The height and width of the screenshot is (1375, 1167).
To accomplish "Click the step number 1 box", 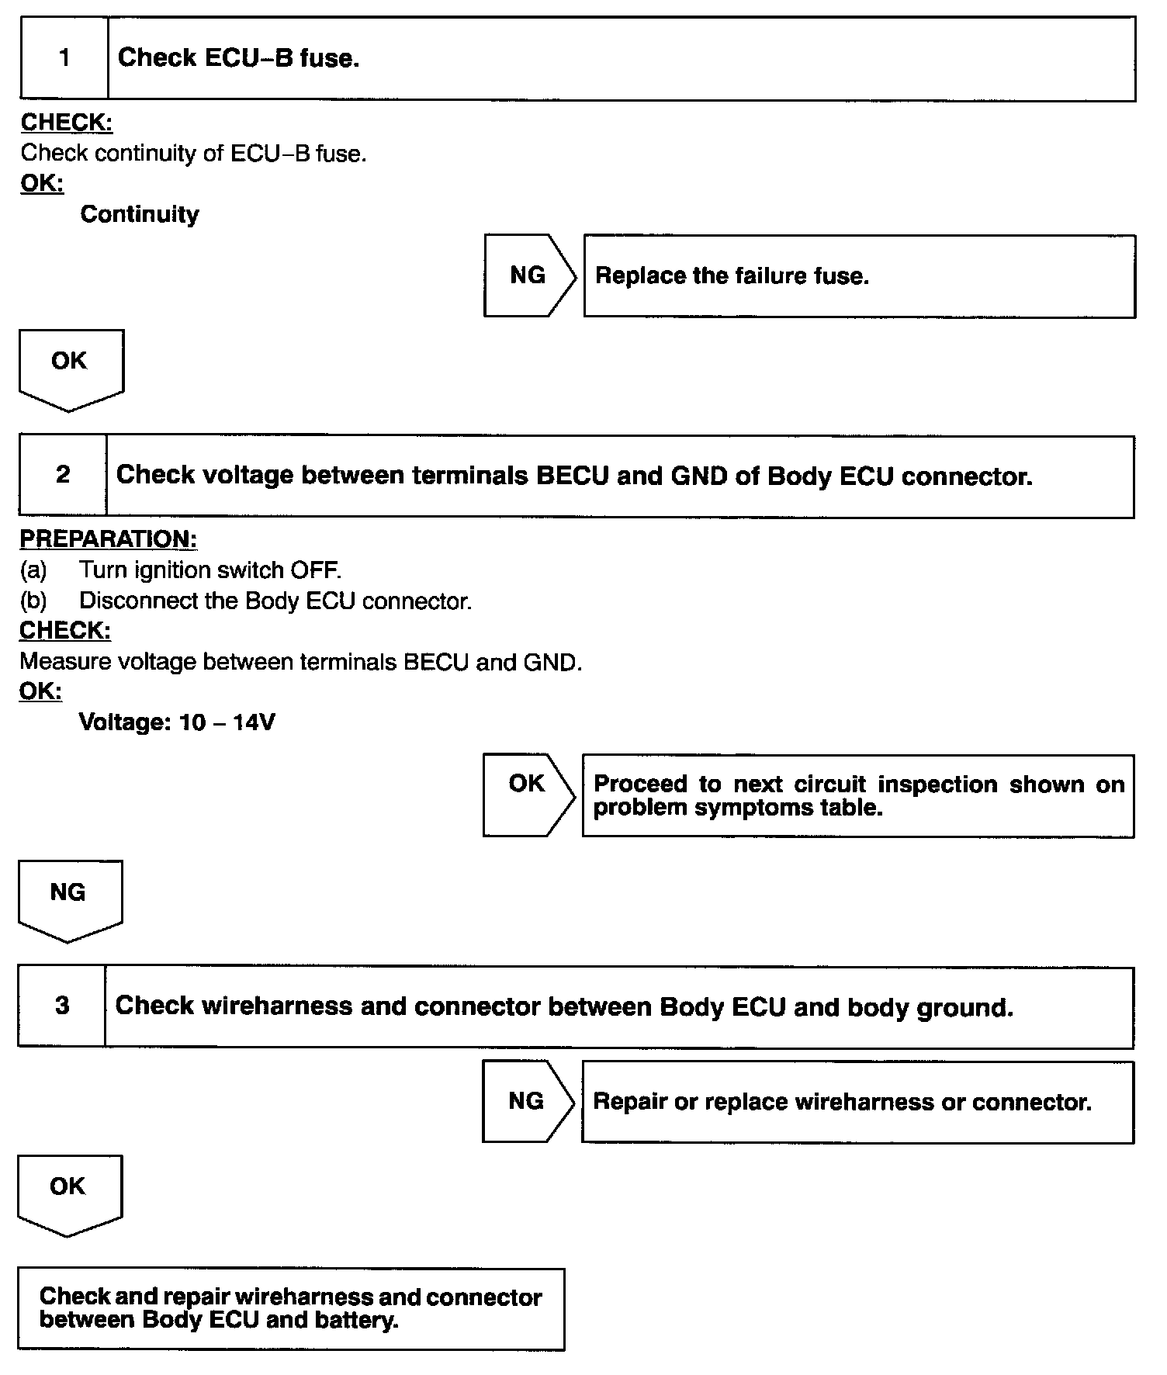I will click(x=64, y=58).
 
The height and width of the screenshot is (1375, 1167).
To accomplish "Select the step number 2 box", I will click(x=63, y=475).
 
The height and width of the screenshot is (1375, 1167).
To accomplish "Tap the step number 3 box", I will click(x=62, y=1006).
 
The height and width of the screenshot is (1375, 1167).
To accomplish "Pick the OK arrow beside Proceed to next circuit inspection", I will click(x=528, y=794).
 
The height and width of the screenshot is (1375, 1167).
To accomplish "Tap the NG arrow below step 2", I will click(x=69, y=899).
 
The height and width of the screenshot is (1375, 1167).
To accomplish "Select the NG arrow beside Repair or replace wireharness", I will click(x=527, y=1100).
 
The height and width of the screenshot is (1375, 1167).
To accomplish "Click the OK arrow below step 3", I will click(x=69, y=1193).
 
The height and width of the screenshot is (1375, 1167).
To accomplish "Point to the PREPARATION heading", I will click(x=108, y=539).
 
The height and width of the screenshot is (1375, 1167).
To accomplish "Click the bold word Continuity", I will click(x=140, y=214).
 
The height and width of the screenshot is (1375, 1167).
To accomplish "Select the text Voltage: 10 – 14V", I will click(x=177, y=722).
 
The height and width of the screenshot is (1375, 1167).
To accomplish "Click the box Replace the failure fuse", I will click(x=859, y=276).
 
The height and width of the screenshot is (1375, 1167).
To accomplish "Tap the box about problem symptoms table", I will click(x=857, y=795).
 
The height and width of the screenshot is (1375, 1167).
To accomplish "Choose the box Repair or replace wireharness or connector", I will click(x=857, y=1102).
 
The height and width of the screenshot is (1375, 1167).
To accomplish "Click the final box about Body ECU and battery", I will click(x=291, y=1308).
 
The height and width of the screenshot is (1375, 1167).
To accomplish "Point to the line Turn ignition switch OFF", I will click(x=210, y=570).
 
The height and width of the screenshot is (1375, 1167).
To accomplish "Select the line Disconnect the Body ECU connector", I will click(x=275, y=601).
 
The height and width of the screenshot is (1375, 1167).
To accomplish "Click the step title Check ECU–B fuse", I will click(x=238, y=58).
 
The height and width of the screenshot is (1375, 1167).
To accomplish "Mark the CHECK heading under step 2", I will click(x=65, y=630).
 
